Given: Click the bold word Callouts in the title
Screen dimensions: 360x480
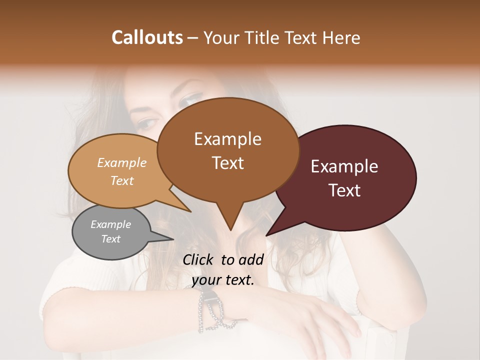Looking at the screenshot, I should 147,37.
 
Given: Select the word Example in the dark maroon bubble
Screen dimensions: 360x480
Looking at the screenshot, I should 344,166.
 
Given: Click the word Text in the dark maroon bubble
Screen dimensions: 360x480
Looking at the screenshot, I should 344,190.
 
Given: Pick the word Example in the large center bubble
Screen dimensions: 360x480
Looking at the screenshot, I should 227,139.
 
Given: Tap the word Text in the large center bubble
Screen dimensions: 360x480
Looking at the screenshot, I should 227,163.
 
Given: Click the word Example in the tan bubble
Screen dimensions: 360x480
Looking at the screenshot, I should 122,163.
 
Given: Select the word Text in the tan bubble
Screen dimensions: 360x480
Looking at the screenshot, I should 122,180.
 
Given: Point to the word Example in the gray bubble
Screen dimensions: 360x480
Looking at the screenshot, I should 110,224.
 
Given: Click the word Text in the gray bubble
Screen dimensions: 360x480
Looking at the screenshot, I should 110,239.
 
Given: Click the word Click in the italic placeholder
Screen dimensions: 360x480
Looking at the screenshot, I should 199,259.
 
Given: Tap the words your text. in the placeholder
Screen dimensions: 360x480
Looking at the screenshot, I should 223,280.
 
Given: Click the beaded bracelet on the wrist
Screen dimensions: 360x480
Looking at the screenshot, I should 210,310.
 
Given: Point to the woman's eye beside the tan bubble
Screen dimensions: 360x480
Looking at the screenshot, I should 147,123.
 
